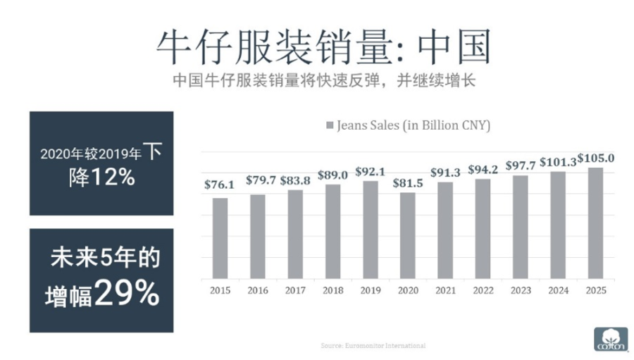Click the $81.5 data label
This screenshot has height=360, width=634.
click(x=409, y=183)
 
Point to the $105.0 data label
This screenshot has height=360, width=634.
click(x=596, y=157)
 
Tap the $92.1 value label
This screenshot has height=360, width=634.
click(x=371, y=170)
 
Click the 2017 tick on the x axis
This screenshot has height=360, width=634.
click(x=295, y=289)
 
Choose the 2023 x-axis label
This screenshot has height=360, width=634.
click(x=520, y=289)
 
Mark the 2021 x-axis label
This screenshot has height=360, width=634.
click(x=445, y=289)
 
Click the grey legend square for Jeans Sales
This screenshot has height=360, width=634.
click(x=330, y=127)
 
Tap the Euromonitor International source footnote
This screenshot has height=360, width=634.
click(x=373, y=346)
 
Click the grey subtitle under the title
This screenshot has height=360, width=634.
click(x=324, y=80)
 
